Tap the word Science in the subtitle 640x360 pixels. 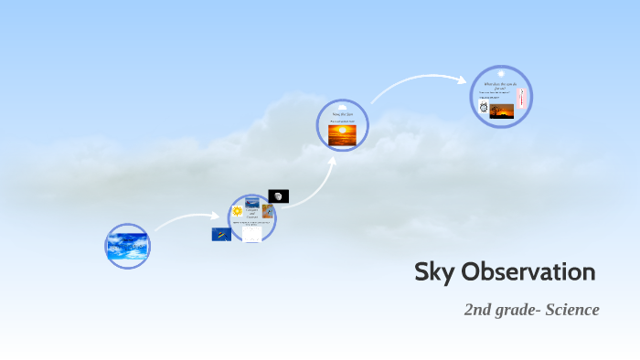tap(571, 310)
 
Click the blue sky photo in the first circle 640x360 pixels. tap(127, 247)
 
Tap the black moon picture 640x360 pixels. tap(279, 196)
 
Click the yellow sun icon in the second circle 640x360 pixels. tap(237, 211)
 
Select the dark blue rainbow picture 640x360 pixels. tap(221, 234)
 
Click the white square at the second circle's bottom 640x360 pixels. tap(251, 235)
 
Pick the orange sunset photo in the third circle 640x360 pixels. tap(343, 134)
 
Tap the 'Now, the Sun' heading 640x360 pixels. tap(342, 113)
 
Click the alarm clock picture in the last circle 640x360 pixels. tap(484, 108)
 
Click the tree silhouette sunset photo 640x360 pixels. tap(502, 111)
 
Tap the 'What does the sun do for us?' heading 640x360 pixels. tap(500, 85)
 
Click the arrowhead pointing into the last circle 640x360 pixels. tap(464, 79)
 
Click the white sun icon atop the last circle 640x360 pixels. tap(501, 73)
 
